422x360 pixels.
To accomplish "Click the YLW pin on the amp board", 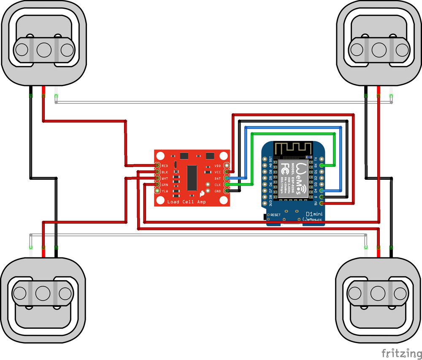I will [x=158, y=191].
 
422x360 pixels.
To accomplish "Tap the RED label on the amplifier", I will [x=165, y=166].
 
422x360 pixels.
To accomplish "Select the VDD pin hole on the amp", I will [x=227, y=166].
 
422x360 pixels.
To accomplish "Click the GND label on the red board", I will [x=218, y=191].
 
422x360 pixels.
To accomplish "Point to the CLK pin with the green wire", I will [x=227, y=185].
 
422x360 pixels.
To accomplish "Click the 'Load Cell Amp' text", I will [x=186, y=202].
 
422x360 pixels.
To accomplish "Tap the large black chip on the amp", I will [x=192, y=177].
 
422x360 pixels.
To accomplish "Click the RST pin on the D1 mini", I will [x=265, y=159].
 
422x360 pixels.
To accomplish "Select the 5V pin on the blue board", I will [x=322, y=203].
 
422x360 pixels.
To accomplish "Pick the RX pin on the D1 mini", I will [x=322, y=165].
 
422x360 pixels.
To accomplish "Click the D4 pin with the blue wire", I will [x=322, y=191].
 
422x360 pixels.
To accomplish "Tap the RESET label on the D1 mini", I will [x=275, y=215].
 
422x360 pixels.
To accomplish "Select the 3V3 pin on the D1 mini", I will [x=265, y=203].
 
